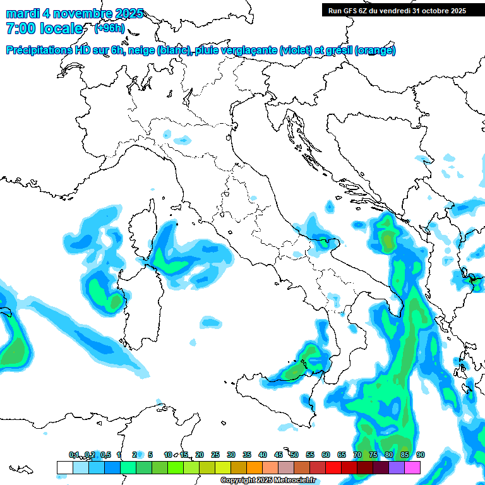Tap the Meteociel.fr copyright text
268,481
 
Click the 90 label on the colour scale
421,455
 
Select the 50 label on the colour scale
294,455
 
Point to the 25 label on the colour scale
215,455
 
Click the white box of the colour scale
64,467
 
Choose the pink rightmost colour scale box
412,467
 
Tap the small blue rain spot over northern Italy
166,135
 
